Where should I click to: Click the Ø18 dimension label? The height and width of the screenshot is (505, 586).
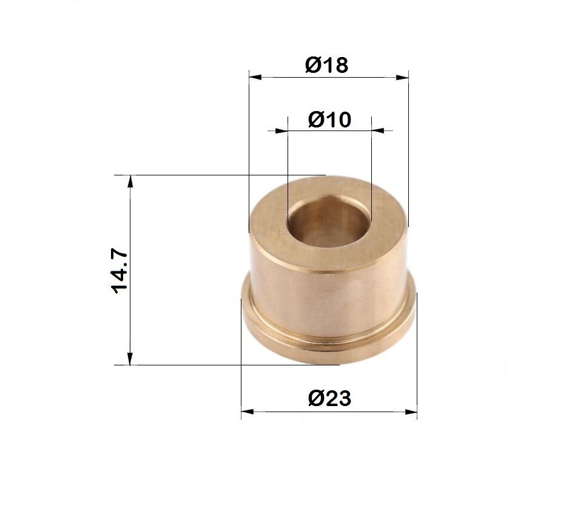[x=326, y=65]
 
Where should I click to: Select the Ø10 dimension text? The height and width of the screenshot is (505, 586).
[x=329, y=120]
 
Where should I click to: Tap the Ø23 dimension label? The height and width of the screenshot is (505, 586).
[x=329, y=398]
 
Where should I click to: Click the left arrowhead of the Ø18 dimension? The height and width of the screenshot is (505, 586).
[x=255, y=78]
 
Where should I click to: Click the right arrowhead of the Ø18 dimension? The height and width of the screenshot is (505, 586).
[x=402, y=78]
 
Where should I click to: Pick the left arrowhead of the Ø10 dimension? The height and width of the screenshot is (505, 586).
[x=281, y=130]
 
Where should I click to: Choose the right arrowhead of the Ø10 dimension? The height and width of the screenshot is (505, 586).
[x=378, y=130]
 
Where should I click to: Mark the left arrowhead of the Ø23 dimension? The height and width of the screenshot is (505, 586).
[x=248, y=412]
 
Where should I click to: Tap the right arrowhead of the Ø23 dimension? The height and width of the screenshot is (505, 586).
[x=411, y=412]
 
